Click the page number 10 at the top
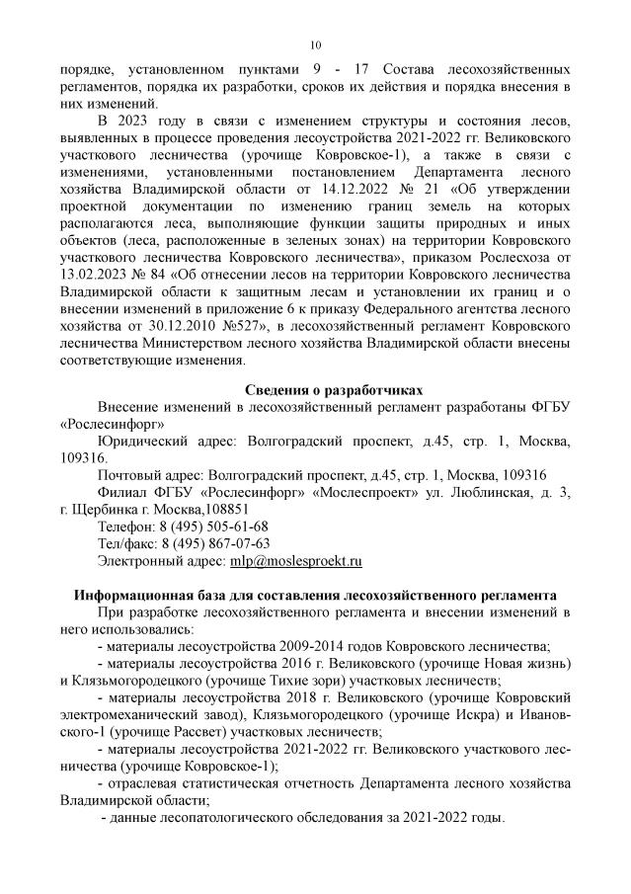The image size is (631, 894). (315, 44)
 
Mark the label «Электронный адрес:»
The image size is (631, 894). (161, 560)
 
